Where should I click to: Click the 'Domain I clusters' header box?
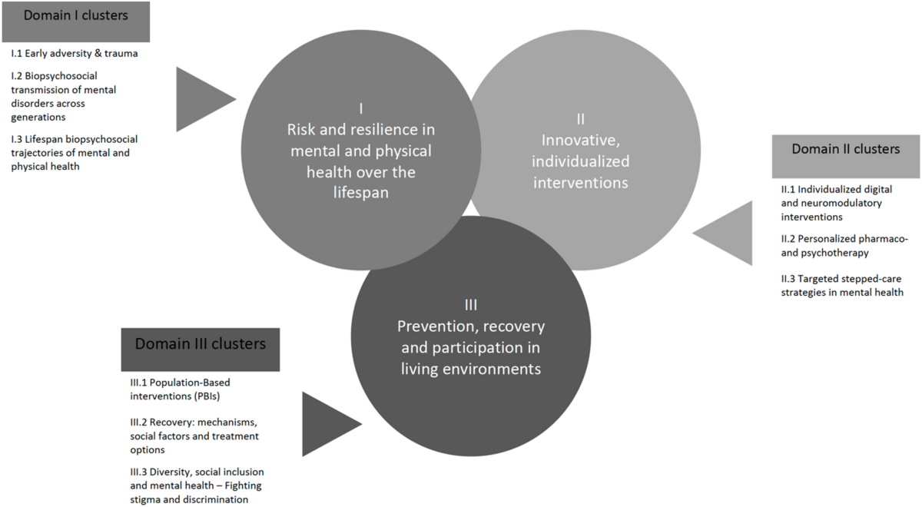tap(75, 21)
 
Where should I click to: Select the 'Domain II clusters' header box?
tap(845, 150)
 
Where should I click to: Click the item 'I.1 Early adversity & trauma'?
tap(75, 54)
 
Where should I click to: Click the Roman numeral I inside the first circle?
tap(360, 108)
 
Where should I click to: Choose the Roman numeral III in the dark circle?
tap(471, 305)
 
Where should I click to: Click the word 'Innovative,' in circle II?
tap(585, 141)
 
